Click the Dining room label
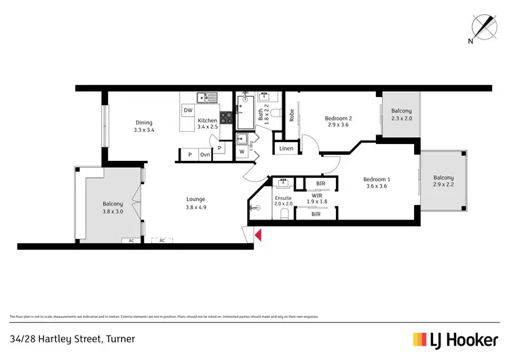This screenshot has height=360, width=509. coord(144,123)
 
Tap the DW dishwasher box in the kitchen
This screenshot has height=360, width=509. coord(188,110)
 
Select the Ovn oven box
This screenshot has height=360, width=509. coord(204,155)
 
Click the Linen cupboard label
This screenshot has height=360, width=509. coord(286,148)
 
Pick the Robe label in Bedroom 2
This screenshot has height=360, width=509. coord(291,115)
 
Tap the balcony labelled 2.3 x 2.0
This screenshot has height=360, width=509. coord(401,118)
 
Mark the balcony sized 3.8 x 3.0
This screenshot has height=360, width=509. coord(113,211)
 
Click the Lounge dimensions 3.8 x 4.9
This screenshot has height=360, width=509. coord(196,207)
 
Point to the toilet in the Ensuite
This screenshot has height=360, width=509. coord(284,215)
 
